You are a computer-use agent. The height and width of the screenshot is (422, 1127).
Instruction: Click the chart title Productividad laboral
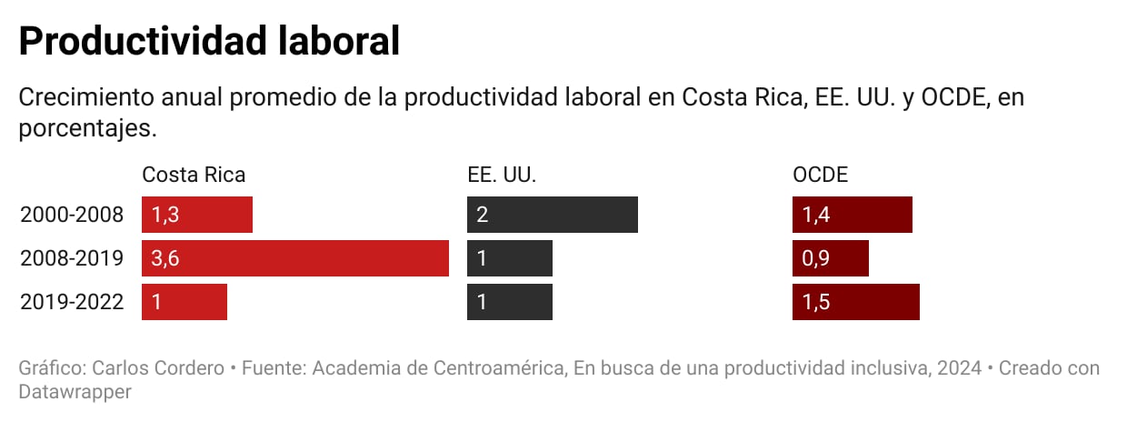click(209, 42)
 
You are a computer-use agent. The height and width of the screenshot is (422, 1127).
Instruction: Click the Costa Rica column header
click(194, 175)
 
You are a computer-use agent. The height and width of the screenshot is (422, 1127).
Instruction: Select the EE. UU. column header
click(502, 175)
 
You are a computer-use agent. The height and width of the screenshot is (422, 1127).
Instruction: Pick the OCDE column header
click(820, 175)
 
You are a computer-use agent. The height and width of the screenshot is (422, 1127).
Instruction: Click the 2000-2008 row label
click(72, 216)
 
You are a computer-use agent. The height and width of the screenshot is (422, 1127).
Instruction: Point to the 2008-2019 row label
click(72, 259)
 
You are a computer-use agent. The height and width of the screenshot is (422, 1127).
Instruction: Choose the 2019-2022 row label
click(72, 303)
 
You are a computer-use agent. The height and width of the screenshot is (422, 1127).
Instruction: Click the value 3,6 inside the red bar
click(165, 259)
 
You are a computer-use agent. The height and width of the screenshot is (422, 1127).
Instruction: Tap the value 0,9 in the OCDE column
click(815, 259)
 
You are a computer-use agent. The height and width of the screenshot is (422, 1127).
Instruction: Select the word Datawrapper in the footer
click(75, 392)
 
